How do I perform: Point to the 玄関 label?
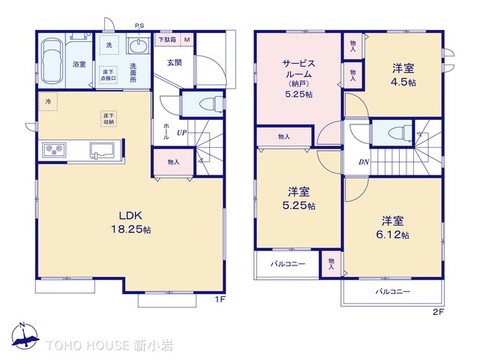click(174, 64)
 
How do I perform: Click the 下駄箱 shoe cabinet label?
click(165, 39)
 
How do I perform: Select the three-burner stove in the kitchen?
click(54, 150)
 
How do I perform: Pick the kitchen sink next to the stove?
click(101, 151)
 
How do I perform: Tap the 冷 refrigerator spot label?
click(46, 102)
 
